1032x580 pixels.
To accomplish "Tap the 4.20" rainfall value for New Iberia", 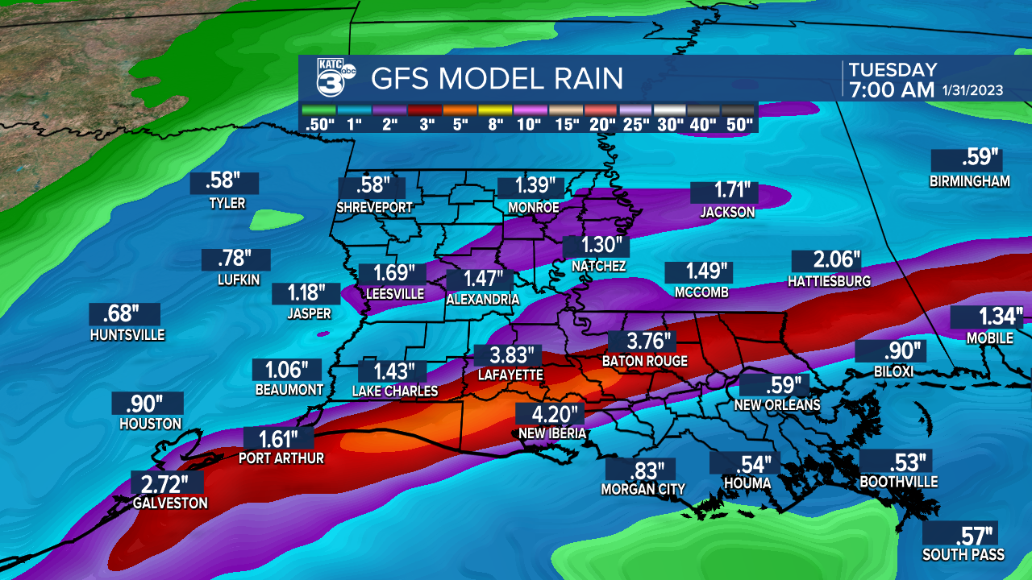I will pyautogui.click(x=550, y=415).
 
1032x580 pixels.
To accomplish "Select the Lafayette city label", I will pyautogui.click(x=510, y=375).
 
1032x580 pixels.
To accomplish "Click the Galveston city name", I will pyautogui.click(x=170, y=503).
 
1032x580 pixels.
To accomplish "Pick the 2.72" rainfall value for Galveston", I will pyautogui.click(x=167, y=485).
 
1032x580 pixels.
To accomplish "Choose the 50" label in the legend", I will pyautogui.click(x=739, y=125).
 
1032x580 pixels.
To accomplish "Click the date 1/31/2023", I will pyautogui.click(x=972, y=90).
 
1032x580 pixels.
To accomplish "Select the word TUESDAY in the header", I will pyautogui.click(x=893, y=70).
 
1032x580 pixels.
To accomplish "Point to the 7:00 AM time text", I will pyautogui.click(x=891, y=89).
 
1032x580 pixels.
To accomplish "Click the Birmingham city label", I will pyautogui.click(x=969, y=181).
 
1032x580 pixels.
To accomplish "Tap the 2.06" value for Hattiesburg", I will pyautogui.click(x=826, y=261).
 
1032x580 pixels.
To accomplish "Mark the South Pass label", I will pyautogui.click(x=963, y=554).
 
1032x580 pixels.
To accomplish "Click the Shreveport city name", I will pyautogui.click(x=374, y=207).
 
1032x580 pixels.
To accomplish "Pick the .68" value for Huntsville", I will pyautogui.click(x=124, y=314).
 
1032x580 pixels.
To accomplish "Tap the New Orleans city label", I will pyautogui.click(x=776, y=404).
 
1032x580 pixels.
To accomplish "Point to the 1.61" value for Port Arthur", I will pyautogui.click(x=279, y=439).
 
